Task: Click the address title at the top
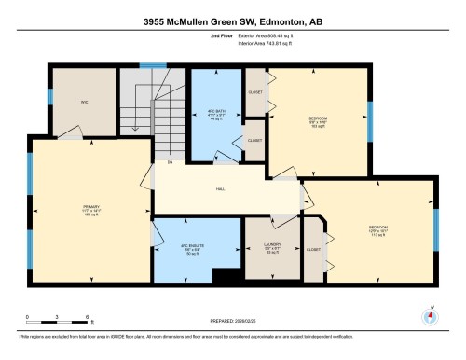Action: [233, 21]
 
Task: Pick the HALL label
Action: [220, 188]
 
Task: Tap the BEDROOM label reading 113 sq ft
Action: [377, 228]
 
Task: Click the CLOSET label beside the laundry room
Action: [313, 250]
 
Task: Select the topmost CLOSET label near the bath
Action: [254, 92]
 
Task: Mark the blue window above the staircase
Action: [146, 65]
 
